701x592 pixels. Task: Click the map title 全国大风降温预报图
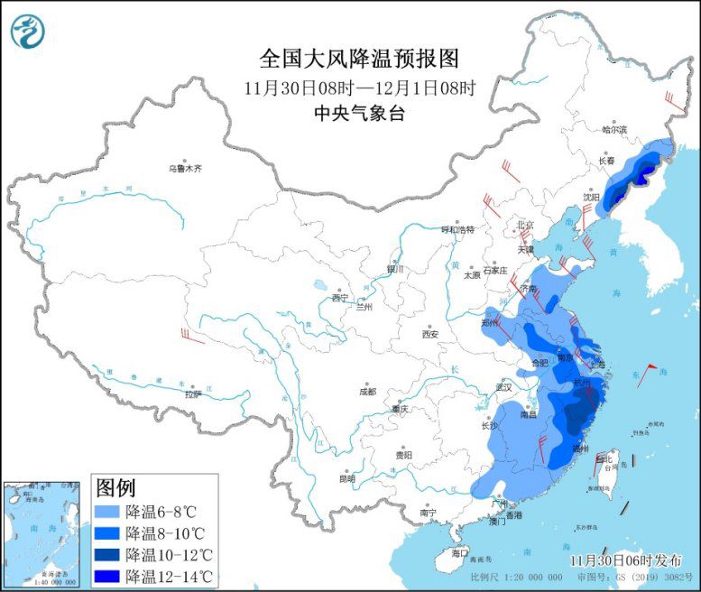tap(359, 59)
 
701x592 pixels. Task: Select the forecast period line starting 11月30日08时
tap(359, 88)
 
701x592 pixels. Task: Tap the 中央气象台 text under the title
tap(359, 113)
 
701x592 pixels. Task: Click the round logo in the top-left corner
tap(27, 31)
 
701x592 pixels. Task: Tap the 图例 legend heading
tap(115, 488)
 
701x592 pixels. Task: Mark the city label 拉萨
tap(193, 393)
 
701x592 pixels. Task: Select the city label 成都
tap(367, 392)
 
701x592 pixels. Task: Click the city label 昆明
tap(347, 478)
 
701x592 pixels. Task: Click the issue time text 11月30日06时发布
tap(625, 560)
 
